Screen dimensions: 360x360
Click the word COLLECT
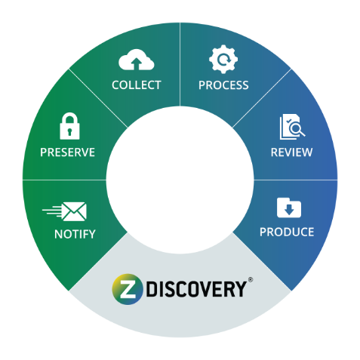tap(137, 85)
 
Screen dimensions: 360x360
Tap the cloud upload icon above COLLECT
tap(137, 60)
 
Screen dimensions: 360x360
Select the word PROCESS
tap(223, 85)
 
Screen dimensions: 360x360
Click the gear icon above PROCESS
tap(223, 59)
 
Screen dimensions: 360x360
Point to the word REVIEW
tap(291, 152)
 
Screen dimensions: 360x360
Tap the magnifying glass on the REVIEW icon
tap(297, 129)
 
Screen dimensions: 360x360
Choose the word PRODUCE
tap(287, 232)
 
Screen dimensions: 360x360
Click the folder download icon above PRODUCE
tap(289, 208)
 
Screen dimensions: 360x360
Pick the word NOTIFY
tap(75, 234)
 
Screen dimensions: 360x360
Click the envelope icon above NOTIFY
tap(75, 211)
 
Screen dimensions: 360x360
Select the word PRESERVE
tap(67, 152)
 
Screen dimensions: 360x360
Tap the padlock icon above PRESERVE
tap(69, 126)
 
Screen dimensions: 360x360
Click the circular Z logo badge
tap(128, 289)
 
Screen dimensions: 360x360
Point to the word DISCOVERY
tap(196, 289)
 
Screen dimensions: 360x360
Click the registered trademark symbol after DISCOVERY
tap(251, 279)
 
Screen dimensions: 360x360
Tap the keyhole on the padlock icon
tap(69, 131)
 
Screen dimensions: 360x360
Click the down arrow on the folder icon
tap(289, 210)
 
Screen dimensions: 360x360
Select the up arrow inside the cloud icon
tap(137, 63)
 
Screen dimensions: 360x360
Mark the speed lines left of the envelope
tap(52, 211)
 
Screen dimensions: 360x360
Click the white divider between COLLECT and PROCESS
tap(180, 64)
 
